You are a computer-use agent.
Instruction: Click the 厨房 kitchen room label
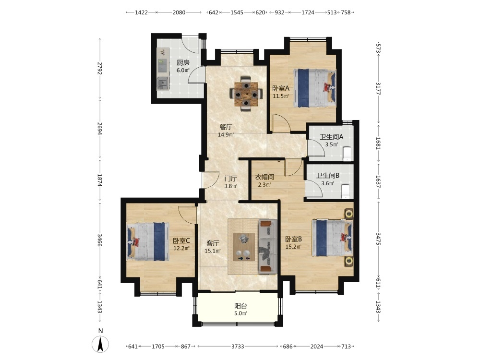pyautogui.click(x=183, y=63)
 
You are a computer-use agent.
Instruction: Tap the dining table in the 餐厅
pyautogui.click(x=246, y=94)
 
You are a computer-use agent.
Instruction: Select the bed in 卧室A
pyautogui.click(x=315, y=88)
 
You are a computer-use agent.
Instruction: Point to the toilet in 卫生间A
pyautogui.click(x=348, y=154)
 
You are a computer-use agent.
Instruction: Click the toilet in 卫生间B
pyautogui.click(x=346, y=192)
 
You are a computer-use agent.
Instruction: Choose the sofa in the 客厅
pyautogui.click(x=267, y=246)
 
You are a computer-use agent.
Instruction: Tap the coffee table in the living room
pyautogui.click(x=244, y=247)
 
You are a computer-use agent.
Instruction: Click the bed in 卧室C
pyautogui.click(x=148, y=242)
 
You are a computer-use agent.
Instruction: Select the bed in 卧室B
pyautogui.click(x=332, y=238)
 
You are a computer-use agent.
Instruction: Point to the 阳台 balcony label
pyautogui.click(x=240, y=305)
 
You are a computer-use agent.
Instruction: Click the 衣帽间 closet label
pyautogui.click(x=264, y=177)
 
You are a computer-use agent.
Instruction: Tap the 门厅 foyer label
pyautogui.click(x=230, y=179)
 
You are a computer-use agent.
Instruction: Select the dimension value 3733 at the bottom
pyautogui.click(x=238, y=347)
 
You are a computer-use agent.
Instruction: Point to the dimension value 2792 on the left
pyautogui.click(x=100, y=68)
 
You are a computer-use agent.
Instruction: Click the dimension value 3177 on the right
pyautogui.click(x=378, y=89)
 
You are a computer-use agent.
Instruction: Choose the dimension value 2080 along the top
pyautogui.click(x=179, y=12)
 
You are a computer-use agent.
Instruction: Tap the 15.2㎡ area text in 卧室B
pyautogui.click(x=294, y=247)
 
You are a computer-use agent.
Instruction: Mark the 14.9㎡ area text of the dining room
pyautogui.click(x=226, y=135)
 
